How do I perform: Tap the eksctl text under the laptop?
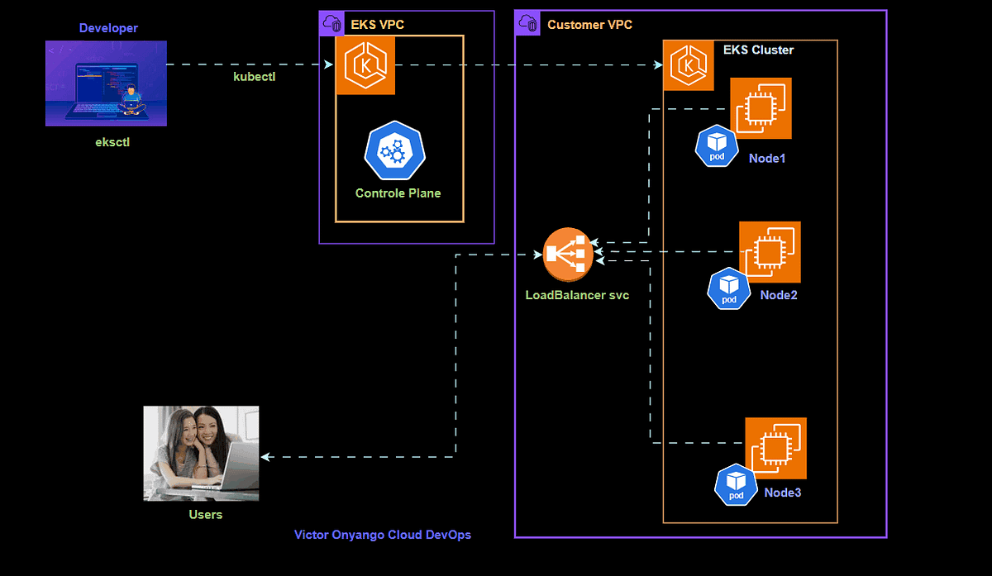112,142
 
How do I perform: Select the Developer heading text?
108,28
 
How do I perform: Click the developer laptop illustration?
106,83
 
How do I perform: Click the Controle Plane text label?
398,193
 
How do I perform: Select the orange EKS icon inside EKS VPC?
365,65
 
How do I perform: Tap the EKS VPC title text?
378,25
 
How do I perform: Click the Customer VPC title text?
589,25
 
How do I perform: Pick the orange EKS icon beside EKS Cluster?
688,65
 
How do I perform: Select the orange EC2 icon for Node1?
761,108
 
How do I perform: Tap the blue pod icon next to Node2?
728,288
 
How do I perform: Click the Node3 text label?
782,493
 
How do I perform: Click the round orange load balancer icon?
568,255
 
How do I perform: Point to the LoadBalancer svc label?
577,295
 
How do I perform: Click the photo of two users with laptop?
201,453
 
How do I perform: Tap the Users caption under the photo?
205,514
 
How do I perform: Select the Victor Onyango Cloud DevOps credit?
383,535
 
